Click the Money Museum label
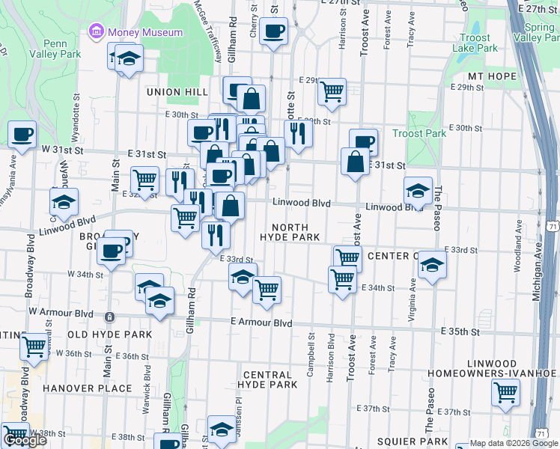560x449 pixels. [x=144, y=32]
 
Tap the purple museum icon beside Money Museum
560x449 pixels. [x=96, y=32]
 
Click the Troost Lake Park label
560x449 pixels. [x=475, y=43]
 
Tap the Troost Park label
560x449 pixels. [x=419, y=133]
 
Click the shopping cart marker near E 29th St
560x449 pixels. [x=331, y=91]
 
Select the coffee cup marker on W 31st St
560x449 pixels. [x=22, y=135]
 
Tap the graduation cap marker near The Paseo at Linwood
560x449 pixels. [x=418, y=190]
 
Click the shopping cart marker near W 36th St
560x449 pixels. [x=33, y=346]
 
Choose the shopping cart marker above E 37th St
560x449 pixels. [x=505, y=391]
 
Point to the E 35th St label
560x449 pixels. [x=461, y=330]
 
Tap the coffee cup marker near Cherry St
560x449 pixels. [x=273, y=31]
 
